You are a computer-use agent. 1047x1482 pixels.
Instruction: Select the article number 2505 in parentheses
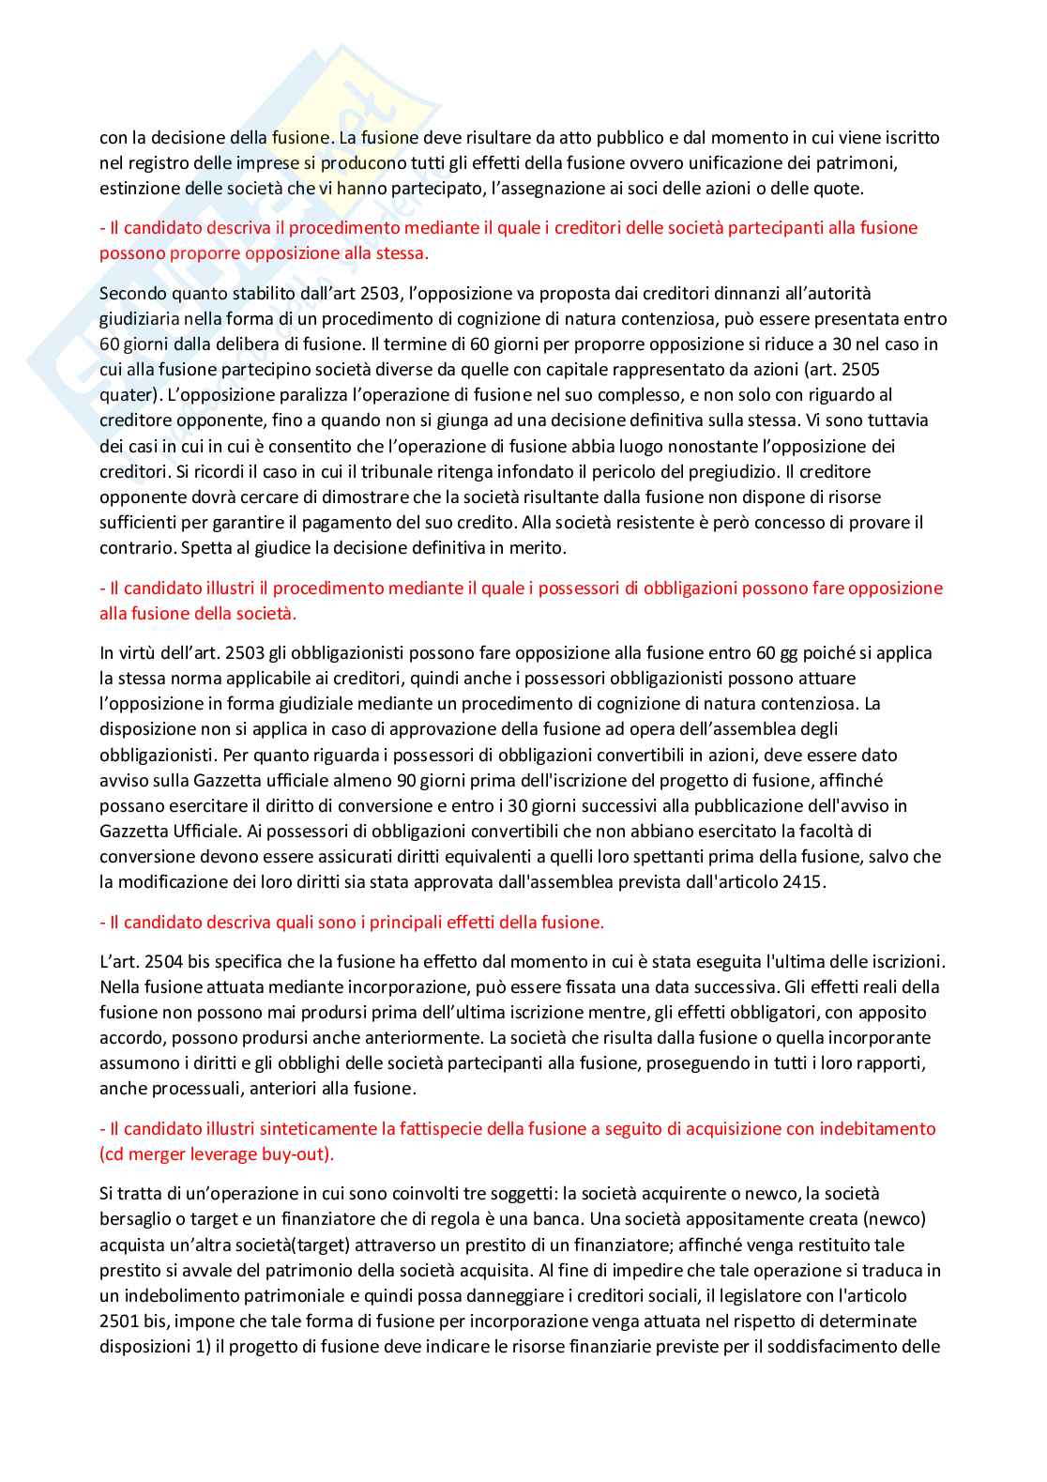coord(860,369)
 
